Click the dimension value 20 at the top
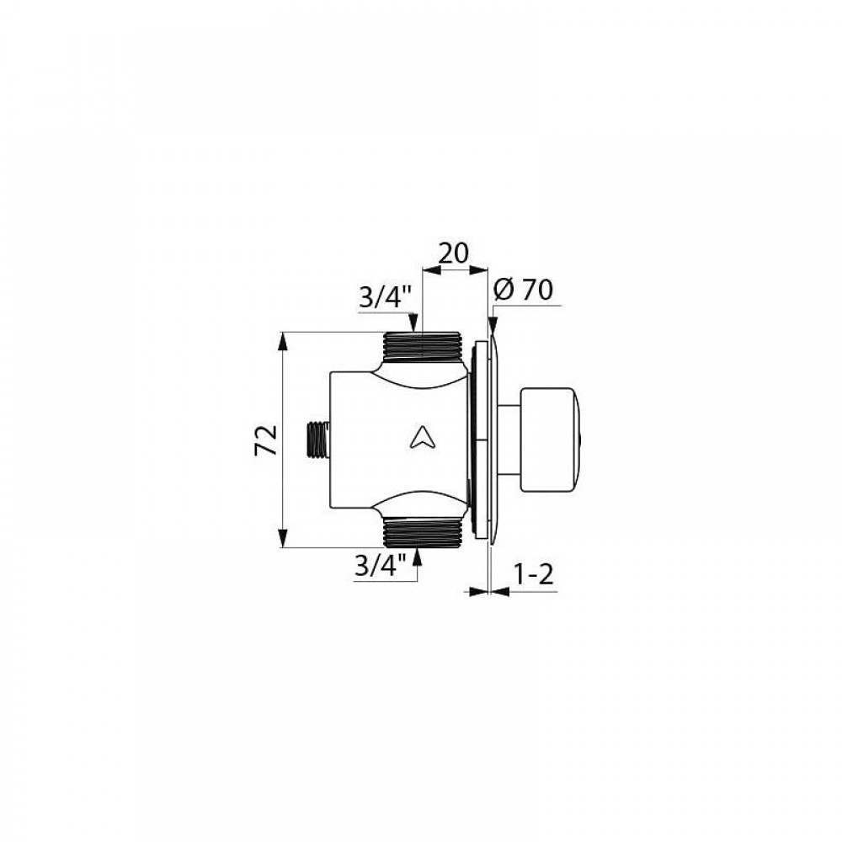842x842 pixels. (x=454, y=253)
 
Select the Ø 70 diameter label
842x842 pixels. (x=522, y=290)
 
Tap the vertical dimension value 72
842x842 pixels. (x=266, y=440)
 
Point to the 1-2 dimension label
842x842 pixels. (x=533, y=575)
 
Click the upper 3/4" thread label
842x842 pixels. (x=386, y=297)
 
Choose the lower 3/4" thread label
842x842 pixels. (x=381, y=566)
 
